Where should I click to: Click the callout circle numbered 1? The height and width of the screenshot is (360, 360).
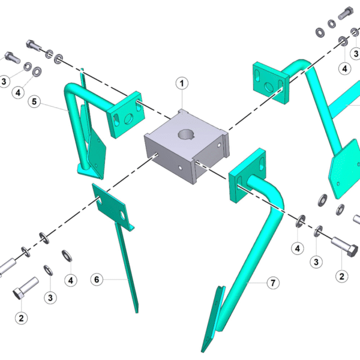point(182,83)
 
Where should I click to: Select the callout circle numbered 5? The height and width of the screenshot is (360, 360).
point(34,101)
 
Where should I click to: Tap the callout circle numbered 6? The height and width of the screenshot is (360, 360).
point(97,280)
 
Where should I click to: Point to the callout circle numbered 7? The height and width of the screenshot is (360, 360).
point(273,283)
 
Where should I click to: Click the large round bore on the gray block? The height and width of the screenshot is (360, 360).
point(186,134)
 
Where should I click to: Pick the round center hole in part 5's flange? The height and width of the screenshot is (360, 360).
point(128,118)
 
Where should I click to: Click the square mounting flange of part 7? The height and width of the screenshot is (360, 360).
point(247,175)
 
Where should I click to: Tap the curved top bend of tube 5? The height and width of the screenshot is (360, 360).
point(71,88)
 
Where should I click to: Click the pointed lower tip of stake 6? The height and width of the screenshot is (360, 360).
point(137,312)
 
